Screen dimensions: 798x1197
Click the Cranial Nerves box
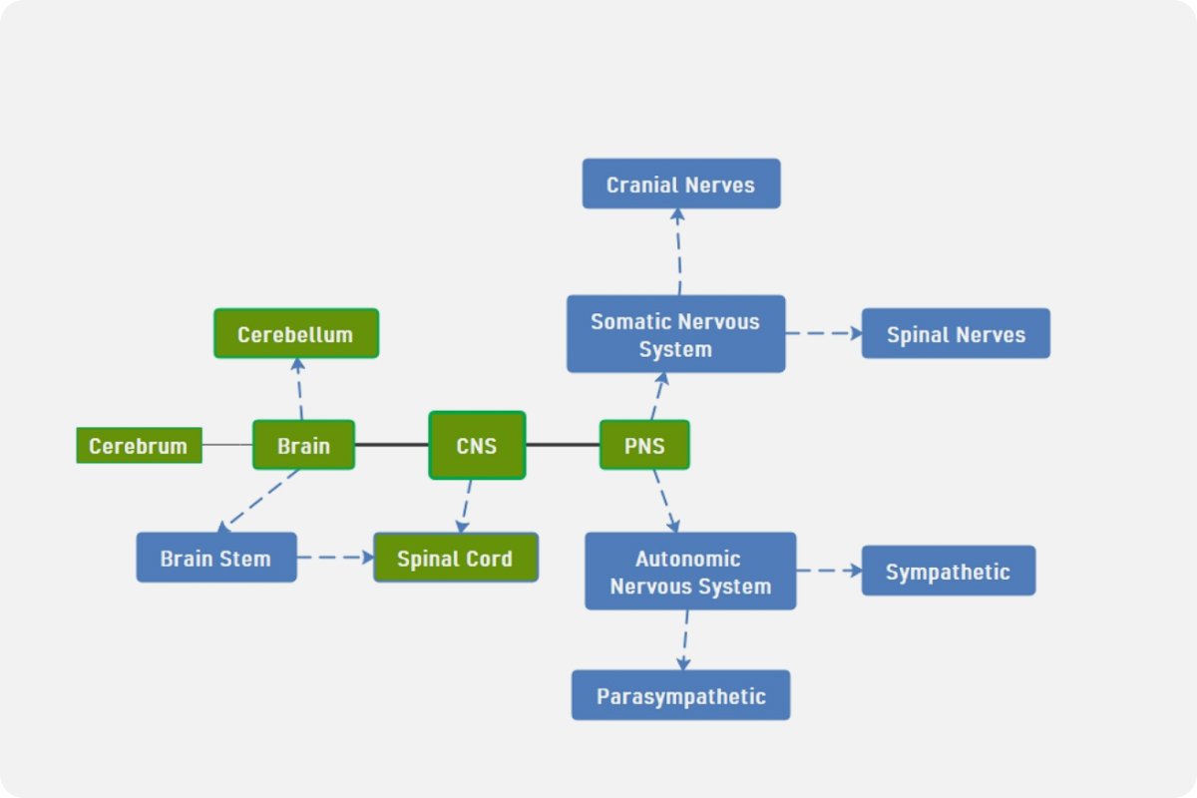click(681, 184)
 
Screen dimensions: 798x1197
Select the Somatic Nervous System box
click(675, 334)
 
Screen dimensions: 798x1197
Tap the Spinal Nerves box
click(956, 333)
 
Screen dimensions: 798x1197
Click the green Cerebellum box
click(296, 333)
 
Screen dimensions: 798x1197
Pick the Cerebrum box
click(139, 445)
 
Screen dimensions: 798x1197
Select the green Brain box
click(303, 445)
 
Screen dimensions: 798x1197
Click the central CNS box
click(477, 445)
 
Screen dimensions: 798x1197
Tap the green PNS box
click(644, 445)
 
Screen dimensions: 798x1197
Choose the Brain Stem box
click(216, 557)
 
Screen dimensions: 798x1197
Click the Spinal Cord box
click(456, 558)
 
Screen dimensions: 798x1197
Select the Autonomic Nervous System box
click(690, 572)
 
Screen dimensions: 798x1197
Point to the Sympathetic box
click(949, 571)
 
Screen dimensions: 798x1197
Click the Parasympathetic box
click(680, 695)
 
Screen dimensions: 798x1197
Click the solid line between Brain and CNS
click(391, 445)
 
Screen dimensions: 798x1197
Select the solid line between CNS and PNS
click(563, 445)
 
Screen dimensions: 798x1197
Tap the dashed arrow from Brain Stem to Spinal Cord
click(335, 558)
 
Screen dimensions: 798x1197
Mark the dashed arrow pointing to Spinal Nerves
click(823, 333)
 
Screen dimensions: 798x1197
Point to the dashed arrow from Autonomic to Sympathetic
click(828, 571)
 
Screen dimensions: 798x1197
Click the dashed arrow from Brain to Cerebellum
click(299, 389)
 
